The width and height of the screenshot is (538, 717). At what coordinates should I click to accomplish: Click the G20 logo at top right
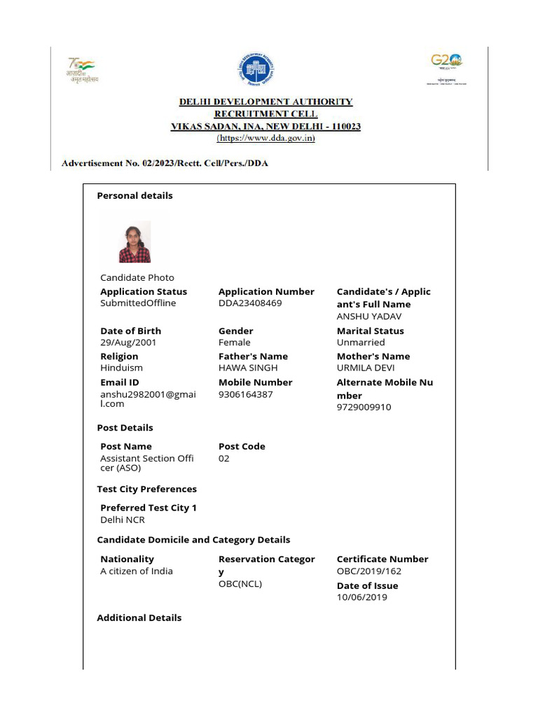point(447,67)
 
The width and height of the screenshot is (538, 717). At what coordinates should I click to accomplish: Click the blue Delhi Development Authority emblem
point(256,71)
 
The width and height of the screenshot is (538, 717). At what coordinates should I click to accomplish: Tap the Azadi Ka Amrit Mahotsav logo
point(82,70)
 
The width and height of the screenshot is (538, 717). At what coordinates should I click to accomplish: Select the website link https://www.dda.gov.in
point(265,139)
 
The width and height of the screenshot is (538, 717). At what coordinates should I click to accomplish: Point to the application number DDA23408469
point(250,303)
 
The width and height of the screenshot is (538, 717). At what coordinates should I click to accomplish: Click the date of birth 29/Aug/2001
point(128,342)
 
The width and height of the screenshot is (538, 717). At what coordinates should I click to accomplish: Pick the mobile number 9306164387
point(246,394)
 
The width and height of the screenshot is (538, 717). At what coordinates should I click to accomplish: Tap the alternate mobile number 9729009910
point(364,407)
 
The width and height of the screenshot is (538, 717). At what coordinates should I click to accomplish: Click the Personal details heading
point(134,195)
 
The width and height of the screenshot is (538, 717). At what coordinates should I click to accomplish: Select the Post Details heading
point(125,427)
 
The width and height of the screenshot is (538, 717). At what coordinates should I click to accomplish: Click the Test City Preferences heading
point(146,489)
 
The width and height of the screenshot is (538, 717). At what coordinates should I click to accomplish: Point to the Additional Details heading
point(139,618)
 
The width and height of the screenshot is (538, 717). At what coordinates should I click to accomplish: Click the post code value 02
point(224,459)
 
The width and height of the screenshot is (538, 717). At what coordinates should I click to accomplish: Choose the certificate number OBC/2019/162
point(369,571)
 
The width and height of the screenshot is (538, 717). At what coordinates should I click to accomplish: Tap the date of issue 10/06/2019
point(361,597)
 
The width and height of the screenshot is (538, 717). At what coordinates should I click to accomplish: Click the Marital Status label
point(370,330)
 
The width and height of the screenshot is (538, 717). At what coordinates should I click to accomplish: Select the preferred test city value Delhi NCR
point(123,520)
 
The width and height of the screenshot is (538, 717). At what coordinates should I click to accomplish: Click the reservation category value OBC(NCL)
point(240,583)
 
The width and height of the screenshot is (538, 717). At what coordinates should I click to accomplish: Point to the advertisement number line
point(165,163)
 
